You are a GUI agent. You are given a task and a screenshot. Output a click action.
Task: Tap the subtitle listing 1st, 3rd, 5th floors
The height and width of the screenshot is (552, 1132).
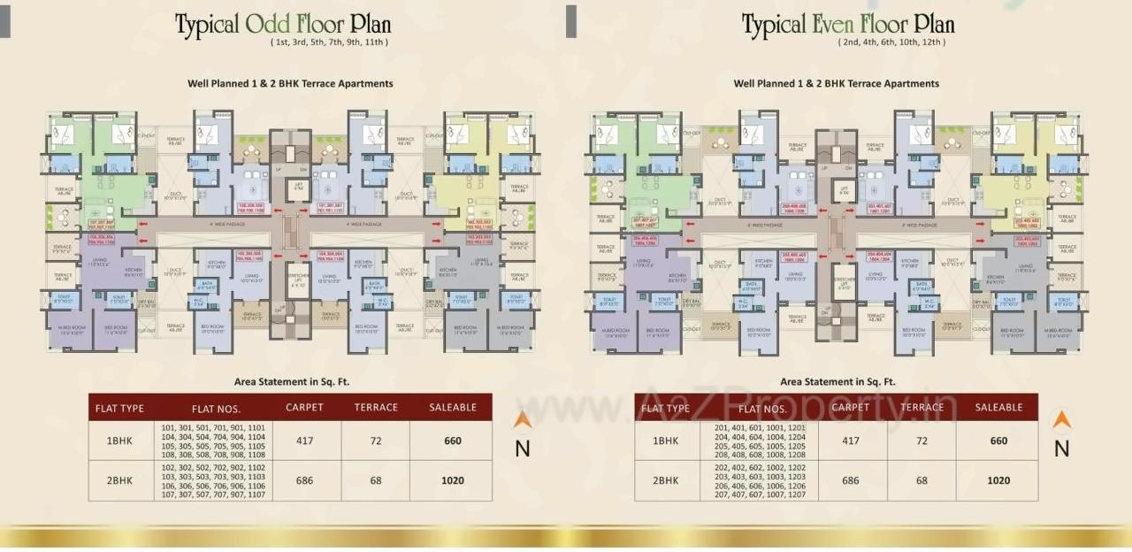click(329, 42)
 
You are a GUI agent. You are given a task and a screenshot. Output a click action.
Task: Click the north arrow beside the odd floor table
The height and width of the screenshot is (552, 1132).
click(523, 420)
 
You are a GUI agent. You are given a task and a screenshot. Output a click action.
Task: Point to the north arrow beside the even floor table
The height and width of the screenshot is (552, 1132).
click(1061, 420)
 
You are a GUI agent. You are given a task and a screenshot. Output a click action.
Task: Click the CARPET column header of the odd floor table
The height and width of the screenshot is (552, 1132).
click(304, 408)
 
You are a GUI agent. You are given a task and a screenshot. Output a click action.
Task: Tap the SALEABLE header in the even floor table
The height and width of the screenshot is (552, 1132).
click(998, 408)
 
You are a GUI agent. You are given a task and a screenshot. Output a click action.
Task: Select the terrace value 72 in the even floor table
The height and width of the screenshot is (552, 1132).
click(922, 441)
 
